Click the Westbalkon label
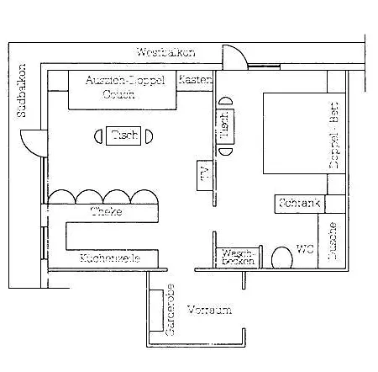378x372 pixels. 165,52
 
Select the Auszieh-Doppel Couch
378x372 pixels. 123,88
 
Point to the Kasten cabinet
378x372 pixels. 195,79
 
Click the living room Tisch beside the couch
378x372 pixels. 124,136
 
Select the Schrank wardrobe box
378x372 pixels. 295,203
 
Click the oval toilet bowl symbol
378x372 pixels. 281,257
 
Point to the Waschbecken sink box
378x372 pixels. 237,258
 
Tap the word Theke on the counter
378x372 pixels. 107,211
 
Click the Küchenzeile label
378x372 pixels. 109,258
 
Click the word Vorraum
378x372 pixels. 208,310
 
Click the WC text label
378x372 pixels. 305,249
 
